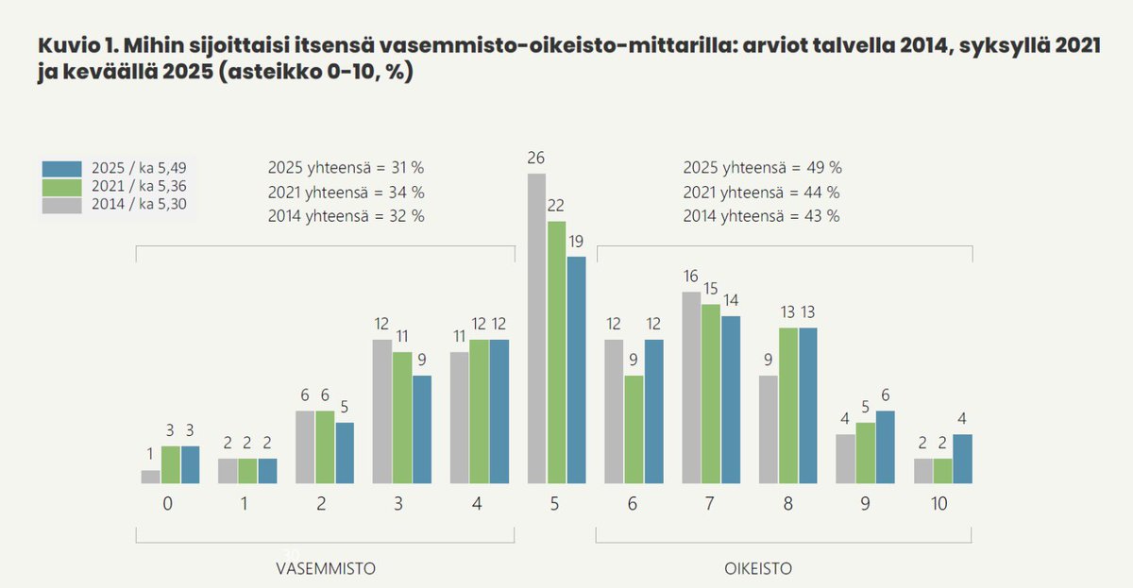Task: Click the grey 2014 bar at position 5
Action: [536, 328]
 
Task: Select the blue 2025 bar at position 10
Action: [962, 459]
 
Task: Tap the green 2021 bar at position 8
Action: [788, 406]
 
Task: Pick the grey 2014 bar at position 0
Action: [151, 477]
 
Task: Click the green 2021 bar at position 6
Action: [634, 429]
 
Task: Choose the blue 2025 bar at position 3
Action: [422, 429]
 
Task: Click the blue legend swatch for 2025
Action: [63, 169]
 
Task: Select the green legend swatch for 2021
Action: [63, 186]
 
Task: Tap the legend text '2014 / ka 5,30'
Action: [145, 203]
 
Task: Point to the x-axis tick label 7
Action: [709, 504]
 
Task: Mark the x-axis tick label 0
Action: [167, 504]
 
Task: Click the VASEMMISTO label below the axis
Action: [325, 568]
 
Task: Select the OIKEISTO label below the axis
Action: [757, 568]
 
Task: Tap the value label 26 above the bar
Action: [536, 158]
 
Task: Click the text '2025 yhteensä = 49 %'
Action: [762, 168]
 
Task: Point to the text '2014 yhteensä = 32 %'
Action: [346, 215]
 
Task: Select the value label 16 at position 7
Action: [691, 277]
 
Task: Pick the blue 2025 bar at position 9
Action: [886, 447]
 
